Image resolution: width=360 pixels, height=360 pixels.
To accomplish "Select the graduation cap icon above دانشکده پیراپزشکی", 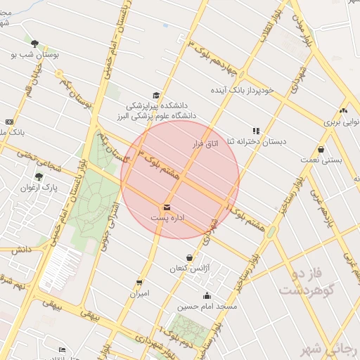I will [155, 95].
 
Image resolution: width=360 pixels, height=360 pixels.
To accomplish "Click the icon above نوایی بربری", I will [342, 110].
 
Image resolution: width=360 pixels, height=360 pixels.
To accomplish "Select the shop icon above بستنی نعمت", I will [321, 149].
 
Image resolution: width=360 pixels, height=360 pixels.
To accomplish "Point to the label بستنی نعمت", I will [326, 160].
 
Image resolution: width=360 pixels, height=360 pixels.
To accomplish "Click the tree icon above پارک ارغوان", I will [39, 176].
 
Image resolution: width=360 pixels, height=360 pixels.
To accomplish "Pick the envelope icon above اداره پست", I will [167, 207].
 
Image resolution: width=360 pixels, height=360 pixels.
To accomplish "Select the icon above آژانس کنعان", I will [189, 257].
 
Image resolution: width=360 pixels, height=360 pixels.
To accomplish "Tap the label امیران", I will [139, 293].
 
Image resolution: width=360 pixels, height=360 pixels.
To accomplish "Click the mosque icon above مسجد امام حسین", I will [207, 295].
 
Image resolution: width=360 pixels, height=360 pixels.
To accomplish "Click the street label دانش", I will [21, 250].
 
